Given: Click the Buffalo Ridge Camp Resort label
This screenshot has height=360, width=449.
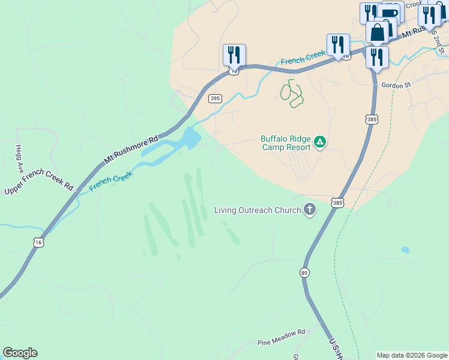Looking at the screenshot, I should [285, 142].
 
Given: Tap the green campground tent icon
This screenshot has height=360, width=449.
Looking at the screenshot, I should [320, 142].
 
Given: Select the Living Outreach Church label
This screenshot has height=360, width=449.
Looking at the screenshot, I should [258, 210].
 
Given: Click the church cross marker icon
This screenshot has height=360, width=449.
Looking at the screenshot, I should [309, 209].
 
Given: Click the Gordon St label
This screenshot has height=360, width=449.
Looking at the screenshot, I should [396, 85].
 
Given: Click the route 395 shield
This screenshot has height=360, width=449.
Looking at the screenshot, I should [215, 98].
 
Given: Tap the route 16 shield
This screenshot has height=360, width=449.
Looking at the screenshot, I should [38, 242].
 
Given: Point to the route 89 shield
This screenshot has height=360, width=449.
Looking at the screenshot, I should [306, 272].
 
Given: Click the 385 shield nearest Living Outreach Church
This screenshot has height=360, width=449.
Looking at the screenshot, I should [337, 203].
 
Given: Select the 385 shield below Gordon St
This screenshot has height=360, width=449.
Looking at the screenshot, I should [372, 120].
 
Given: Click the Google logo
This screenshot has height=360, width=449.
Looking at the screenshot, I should [20, 353].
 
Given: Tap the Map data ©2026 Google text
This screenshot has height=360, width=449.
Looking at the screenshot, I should [412, 355].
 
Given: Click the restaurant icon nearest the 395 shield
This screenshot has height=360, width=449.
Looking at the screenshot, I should [234, 55].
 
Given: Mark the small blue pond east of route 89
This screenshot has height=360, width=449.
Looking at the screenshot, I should [405, 250].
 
